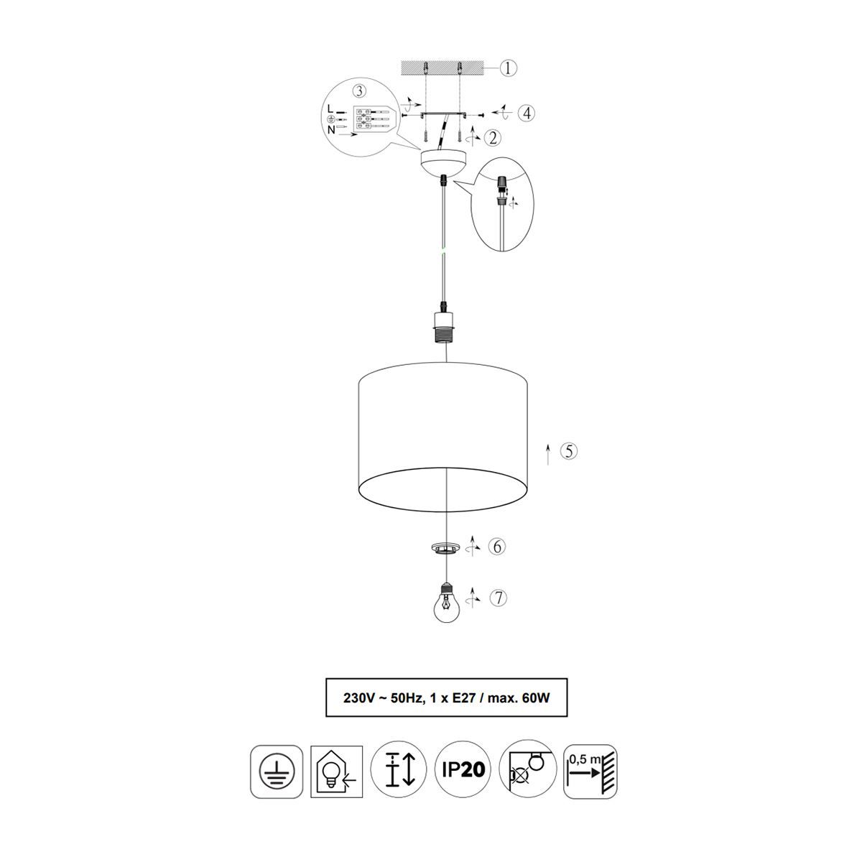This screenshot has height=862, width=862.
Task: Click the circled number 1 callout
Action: click(507, 68)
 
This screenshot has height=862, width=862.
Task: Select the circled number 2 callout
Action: click(493, 138)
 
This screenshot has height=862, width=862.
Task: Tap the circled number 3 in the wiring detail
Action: click(359, 91)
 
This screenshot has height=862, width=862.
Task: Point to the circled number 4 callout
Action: click(527, 113)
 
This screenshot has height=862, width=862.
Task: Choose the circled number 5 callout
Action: click(569, 451)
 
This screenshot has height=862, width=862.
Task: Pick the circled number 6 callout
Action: click(496, 546)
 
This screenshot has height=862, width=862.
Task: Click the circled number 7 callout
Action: click(499, 598)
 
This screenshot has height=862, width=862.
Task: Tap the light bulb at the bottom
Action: click(447, 602)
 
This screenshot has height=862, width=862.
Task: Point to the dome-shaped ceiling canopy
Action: click(444, 162)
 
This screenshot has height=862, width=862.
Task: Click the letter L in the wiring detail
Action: click(330, 108)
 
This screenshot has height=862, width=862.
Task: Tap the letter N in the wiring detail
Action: click(331, 130)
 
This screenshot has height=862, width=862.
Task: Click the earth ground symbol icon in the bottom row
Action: click(277, 771)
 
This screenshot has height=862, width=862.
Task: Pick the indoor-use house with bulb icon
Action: click(336, 771)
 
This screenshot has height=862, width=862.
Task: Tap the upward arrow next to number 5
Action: click(548, 455)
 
